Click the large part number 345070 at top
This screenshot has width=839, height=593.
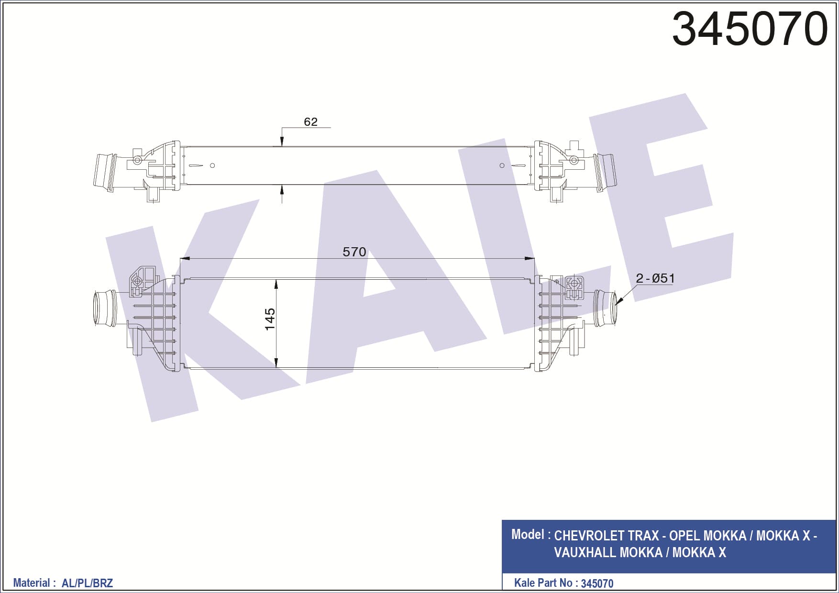pyautogui.click(x=750, y=29)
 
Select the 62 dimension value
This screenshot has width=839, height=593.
pyautogui.click(x=310, y=121)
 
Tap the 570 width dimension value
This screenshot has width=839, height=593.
pyautogui.click(x=354, y=252)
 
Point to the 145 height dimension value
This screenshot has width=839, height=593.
pyautogui.click(x=270, y=319)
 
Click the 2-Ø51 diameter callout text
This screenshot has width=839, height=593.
pyautogui.click(x=655, y=278)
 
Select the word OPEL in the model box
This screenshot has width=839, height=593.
pyautogui.click(x=684, y=536)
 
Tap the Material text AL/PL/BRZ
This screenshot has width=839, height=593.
pyautogui.click(x=87, y=583)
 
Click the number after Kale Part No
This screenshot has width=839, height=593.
pyautogui.click(x=597, y=583)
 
